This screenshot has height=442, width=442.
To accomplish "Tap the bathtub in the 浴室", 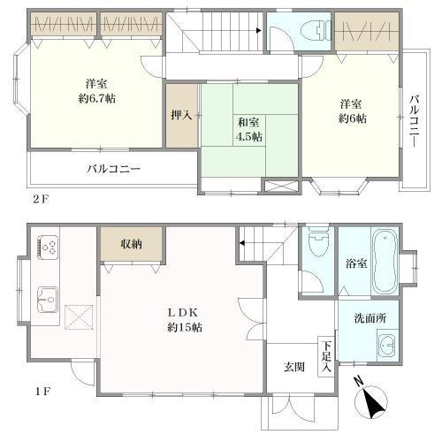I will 386,262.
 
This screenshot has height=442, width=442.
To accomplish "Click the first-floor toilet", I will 317,243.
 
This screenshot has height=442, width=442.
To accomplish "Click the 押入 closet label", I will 181,115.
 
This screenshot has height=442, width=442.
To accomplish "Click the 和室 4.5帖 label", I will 248,128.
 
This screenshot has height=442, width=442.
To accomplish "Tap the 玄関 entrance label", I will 294,366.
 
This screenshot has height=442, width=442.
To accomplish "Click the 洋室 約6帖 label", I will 350,112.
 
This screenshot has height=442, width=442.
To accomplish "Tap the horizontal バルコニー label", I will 112,168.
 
